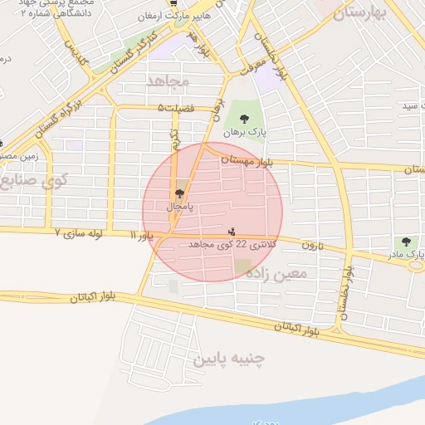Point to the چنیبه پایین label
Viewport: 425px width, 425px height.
click(x=228, y=359)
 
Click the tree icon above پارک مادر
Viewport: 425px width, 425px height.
click(x=406, y=242)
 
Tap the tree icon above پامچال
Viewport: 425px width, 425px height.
click(x=179, y=193)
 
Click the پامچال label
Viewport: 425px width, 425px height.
click(x=180, y=205)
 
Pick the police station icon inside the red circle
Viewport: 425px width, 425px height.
click(x=232, y=231)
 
